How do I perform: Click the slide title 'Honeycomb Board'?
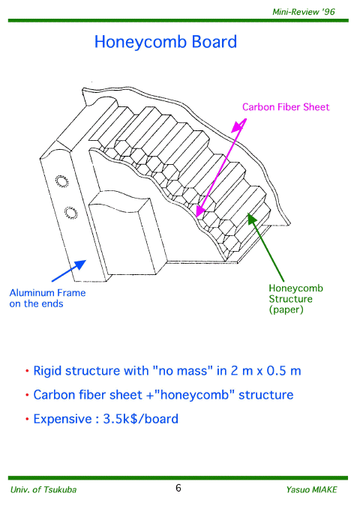pyautogui.click(x=166, y=42)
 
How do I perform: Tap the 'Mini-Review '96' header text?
pyautogui.click(x=304, y=12)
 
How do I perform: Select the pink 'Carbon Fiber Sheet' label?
pyautogui.click(x=286, y=107)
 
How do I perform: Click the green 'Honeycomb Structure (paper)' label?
pyautogui.click(x=295, y=299)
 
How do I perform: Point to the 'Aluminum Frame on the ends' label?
pyautogui.click(x=47, y=298)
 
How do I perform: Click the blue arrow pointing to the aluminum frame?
pyautogui.click(x=69, y=270)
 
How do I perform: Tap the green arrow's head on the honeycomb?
pyautogui.click(x=252, y=218)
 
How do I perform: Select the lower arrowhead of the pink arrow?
pyautogui.click(x=200, y=211)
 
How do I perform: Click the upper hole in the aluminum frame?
pyautogui.click(x=61, y=181)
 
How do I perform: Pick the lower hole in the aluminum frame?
pyautogui.click(x=70, y=213)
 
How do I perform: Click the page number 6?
pyautogui.click(x=178, y=488)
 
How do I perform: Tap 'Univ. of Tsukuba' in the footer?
pyautogui.click(x=43, y=489)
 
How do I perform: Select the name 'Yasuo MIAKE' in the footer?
pyautogui.click(x=311, y=489)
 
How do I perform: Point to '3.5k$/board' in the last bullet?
pyautogui.click(x=141, y=419)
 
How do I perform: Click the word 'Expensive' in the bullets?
pyautogui.click(x=62, y=420)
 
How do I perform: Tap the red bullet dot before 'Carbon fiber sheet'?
pyautogui.click(x=27, y=396)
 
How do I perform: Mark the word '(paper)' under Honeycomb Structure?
pyautogui.click(x=286, y=309)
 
